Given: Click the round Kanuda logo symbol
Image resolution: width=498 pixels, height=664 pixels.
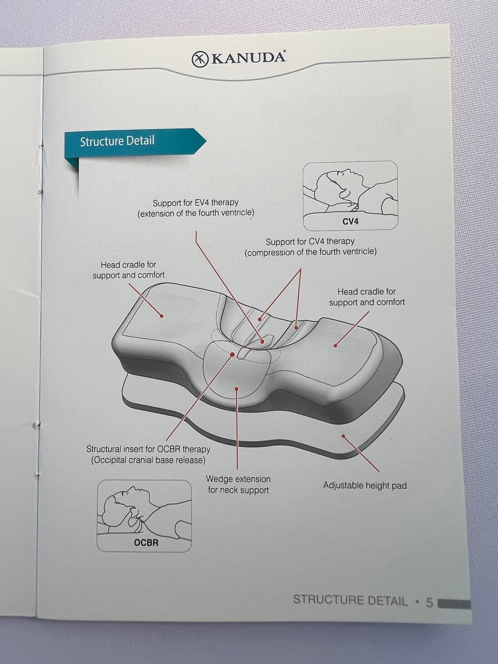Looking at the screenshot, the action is pyautogui.click(x=200, y=59).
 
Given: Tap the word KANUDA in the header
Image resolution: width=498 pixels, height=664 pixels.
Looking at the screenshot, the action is pyautogui.click(x=248, y=58).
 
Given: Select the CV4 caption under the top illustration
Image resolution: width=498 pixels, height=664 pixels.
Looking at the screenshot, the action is pyautogui.click(x=350, y=222).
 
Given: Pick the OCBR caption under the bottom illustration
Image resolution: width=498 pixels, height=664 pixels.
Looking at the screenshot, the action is pyautogui.click(x=146, y=543).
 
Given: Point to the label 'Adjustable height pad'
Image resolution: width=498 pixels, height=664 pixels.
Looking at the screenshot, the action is pyautogui.click(x=365, y=485).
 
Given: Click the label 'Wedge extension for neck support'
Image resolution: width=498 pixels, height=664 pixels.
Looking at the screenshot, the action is pyautogui.click(x=238, y=484).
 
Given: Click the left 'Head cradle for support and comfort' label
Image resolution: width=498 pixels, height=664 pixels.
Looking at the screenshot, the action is pyautogui.click(x=129, y=270).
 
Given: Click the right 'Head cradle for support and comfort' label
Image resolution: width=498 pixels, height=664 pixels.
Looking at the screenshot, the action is pyautogui.click(x=367, y=297).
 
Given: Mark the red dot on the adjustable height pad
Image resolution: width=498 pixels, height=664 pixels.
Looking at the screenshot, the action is pyautogui.click(x=343, y=436).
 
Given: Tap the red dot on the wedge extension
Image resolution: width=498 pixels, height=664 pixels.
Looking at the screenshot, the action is pyautogui.click(x=237, y=389).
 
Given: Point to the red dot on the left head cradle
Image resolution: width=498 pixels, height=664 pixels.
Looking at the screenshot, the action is pyautogui.click(x=162, y=316).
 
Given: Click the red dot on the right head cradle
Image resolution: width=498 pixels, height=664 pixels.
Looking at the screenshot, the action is pyautogui.click(x=335, y=345).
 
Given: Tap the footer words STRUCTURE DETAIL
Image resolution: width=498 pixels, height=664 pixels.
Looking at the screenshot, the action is pyautogui.click(x=350, y=601).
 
